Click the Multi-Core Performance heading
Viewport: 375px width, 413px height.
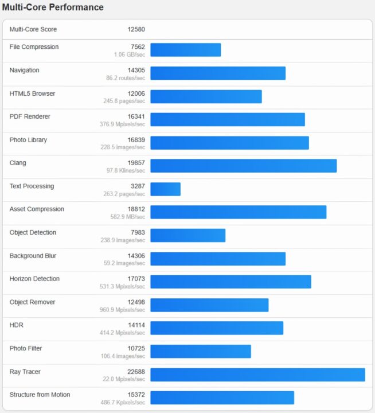point(53,7)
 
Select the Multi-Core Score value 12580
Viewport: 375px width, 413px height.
point(136,29)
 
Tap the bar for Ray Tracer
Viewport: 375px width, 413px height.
point(257,375)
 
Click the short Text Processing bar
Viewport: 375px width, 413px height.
point(165,189)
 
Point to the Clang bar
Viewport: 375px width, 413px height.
point(243,166)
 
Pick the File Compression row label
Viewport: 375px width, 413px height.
point(34,47)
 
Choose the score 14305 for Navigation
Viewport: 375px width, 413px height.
point(136,70)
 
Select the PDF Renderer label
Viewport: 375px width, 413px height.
point(30,116)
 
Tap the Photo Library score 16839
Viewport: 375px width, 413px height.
point(136,140)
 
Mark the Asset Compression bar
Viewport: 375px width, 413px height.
point(238,212)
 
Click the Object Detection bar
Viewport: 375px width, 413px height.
point(187,235)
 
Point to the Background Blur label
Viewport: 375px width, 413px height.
point(33,256)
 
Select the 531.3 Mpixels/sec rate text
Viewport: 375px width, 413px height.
point(122,286)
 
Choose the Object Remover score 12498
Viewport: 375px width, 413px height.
point(136,302)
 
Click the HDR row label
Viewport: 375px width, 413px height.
point(17,325)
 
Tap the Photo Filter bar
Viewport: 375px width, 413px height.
point(201,351)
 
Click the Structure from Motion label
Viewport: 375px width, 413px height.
point(40,395)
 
